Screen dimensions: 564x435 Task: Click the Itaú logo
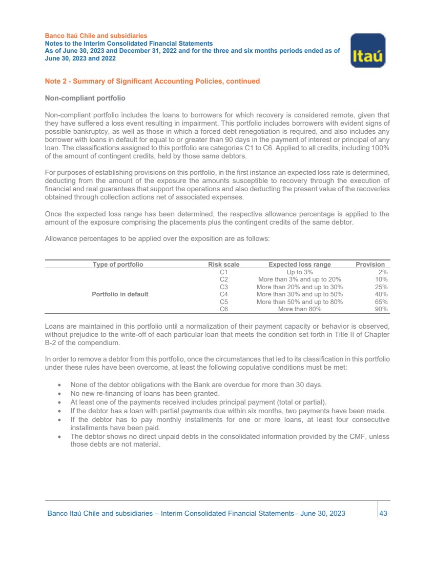click(x=367, y=50)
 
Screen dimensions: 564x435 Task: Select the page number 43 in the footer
click(x=383, y=513)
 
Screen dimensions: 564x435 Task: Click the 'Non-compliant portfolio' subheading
click(x=85, y=98)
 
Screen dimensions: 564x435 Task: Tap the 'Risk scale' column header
click(x=223, y=265)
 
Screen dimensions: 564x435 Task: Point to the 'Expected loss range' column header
click(x=300, y=265)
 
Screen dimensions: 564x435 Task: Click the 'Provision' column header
click(x=370, y=265)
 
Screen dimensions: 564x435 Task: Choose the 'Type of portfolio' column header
click(x=118, y=265)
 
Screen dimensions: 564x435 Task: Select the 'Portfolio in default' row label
click(x=120, y=294)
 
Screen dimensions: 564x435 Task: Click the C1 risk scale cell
click(x=223, y=272)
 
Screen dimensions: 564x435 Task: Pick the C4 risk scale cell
click(x=223, y=294)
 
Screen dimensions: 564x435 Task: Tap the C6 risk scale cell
click(x=223, y=309)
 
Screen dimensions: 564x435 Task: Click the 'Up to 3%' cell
click(x=300, y=272)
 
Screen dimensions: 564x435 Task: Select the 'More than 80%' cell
click(x=300, y=309)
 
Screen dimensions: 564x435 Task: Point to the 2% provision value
click(x=383, y=272)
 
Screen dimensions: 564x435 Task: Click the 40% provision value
click(x=381, y=294)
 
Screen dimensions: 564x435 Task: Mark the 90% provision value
click(x=381, y=309)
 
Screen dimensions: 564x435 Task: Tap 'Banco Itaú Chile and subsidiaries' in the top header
click(x=96, y=36)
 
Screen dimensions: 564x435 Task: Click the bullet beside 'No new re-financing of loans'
click(x=61, y=394)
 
